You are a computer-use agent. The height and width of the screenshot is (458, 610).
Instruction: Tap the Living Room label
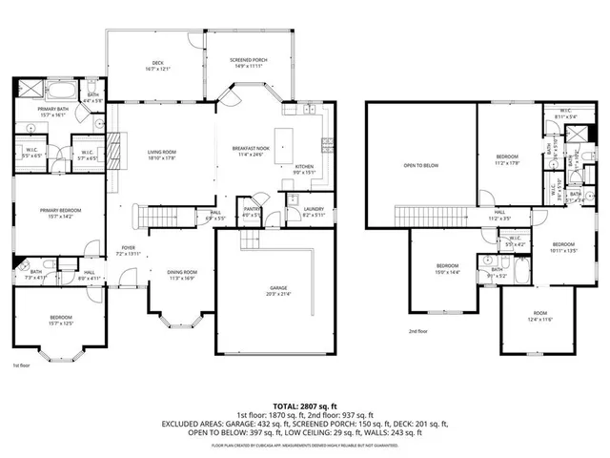click(161, 155)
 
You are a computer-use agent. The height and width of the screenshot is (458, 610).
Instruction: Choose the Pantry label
click(252, 212)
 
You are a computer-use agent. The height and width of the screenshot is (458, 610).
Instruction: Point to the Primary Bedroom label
click(58, 213)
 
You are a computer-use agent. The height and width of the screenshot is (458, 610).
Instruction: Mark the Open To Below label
click(420, 165)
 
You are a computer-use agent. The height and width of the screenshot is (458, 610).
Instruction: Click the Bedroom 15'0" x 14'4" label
click(448, 268)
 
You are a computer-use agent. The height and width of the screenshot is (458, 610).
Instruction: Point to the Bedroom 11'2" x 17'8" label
click(506, 159)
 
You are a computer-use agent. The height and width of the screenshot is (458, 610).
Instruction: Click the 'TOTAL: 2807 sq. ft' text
click(304, 405)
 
